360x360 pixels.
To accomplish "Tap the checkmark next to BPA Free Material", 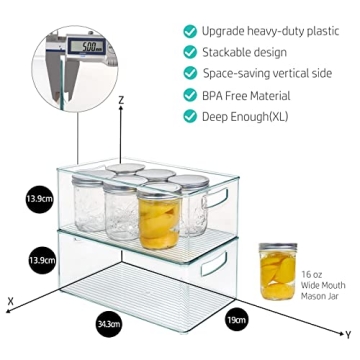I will coord(189,96).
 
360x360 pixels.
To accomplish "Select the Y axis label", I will coord(347,334).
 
